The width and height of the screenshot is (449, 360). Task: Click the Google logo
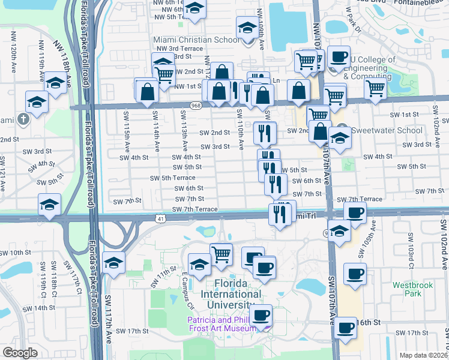point(20,352)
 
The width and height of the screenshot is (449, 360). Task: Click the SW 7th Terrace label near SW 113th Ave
point(194,209)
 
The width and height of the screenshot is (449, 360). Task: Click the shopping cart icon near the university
point(221,254)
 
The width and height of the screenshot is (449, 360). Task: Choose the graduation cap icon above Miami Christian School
point(247,27)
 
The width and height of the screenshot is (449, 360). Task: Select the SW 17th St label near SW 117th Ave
point(132,331)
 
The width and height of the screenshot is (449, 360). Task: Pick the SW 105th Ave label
point(373,235)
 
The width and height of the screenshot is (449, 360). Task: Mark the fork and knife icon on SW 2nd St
point(265,133)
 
